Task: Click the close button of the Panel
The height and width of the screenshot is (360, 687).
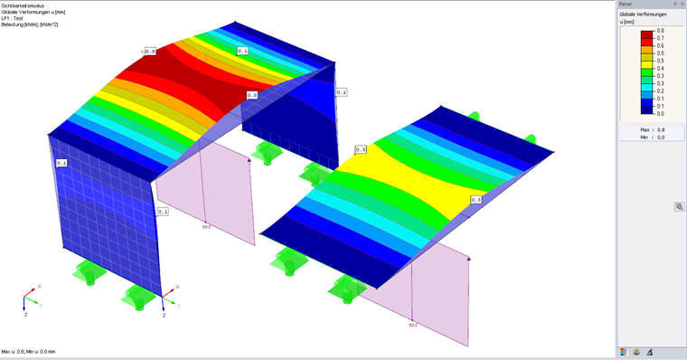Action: point(682,5)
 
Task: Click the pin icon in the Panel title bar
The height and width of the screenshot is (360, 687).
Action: point(674,5)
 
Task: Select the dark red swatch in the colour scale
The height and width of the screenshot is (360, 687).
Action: point(646,33)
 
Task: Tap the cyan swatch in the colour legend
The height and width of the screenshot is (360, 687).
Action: point(646,87)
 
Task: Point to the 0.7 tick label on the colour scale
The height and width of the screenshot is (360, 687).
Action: point(660,38)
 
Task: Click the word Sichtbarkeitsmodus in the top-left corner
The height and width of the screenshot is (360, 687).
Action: point(22,5)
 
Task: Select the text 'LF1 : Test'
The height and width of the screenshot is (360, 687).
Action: point(13,18)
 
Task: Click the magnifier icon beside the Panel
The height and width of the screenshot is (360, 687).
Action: point(679,207)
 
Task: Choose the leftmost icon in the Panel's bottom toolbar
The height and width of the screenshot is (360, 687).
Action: point(624,352)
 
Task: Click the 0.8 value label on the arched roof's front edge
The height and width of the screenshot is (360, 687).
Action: point(251,95)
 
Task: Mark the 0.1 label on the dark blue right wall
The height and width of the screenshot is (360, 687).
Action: point(341,92)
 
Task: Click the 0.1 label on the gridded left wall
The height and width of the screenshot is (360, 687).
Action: point(61,163)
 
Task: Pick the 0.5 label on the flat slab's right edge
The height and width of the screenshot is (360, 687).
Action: point(475,200)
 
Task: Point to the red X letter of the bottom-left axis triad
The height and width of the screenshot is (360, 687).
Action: point(39,287)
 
